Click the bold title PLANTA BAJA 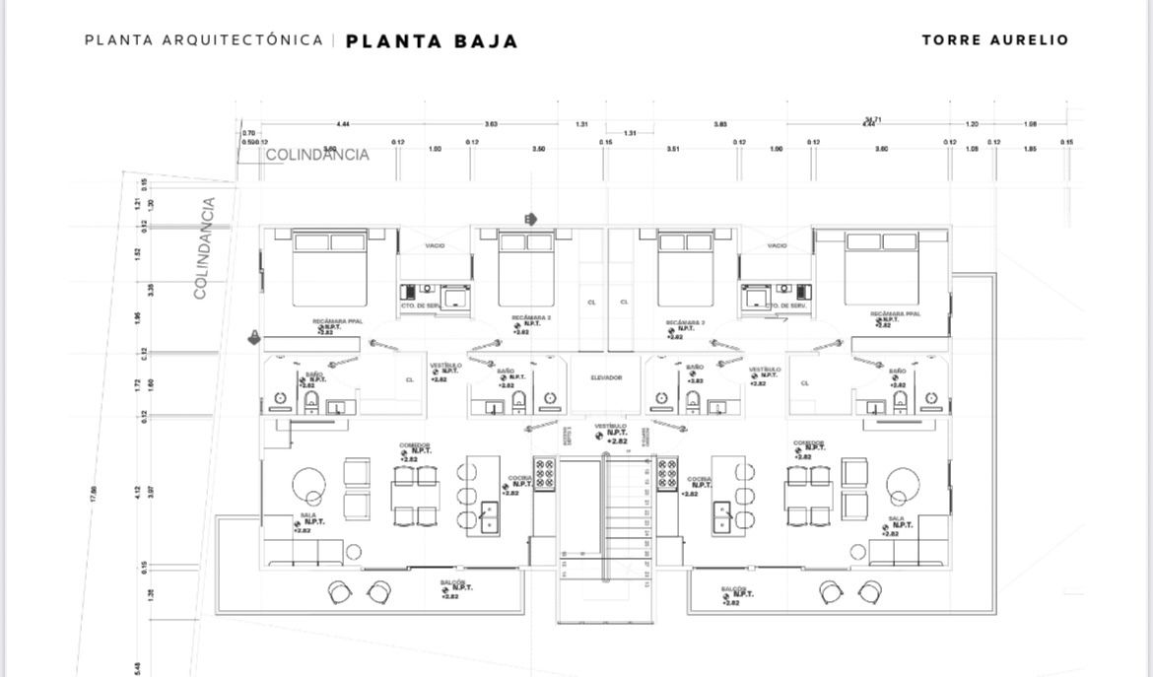[x=432, y=41]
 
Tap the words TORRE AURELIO [x=994, y=40]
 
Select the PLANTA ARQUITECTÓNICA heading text [x=204, y=40]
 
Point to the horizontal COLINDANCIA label [x=317, y=155]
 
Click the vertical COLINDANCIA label [x=204, y=248]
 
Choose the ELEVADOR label [x=606, y=377]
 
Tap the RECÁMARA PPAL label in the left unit [x=330, y=322]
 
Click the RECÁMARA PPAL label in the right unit [x=895, y=314]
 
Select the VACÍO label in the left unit [x=436, y=245]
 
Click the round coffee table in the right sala [x=901, y=486]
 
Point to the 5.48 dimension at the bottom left [x=138, y=668]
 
